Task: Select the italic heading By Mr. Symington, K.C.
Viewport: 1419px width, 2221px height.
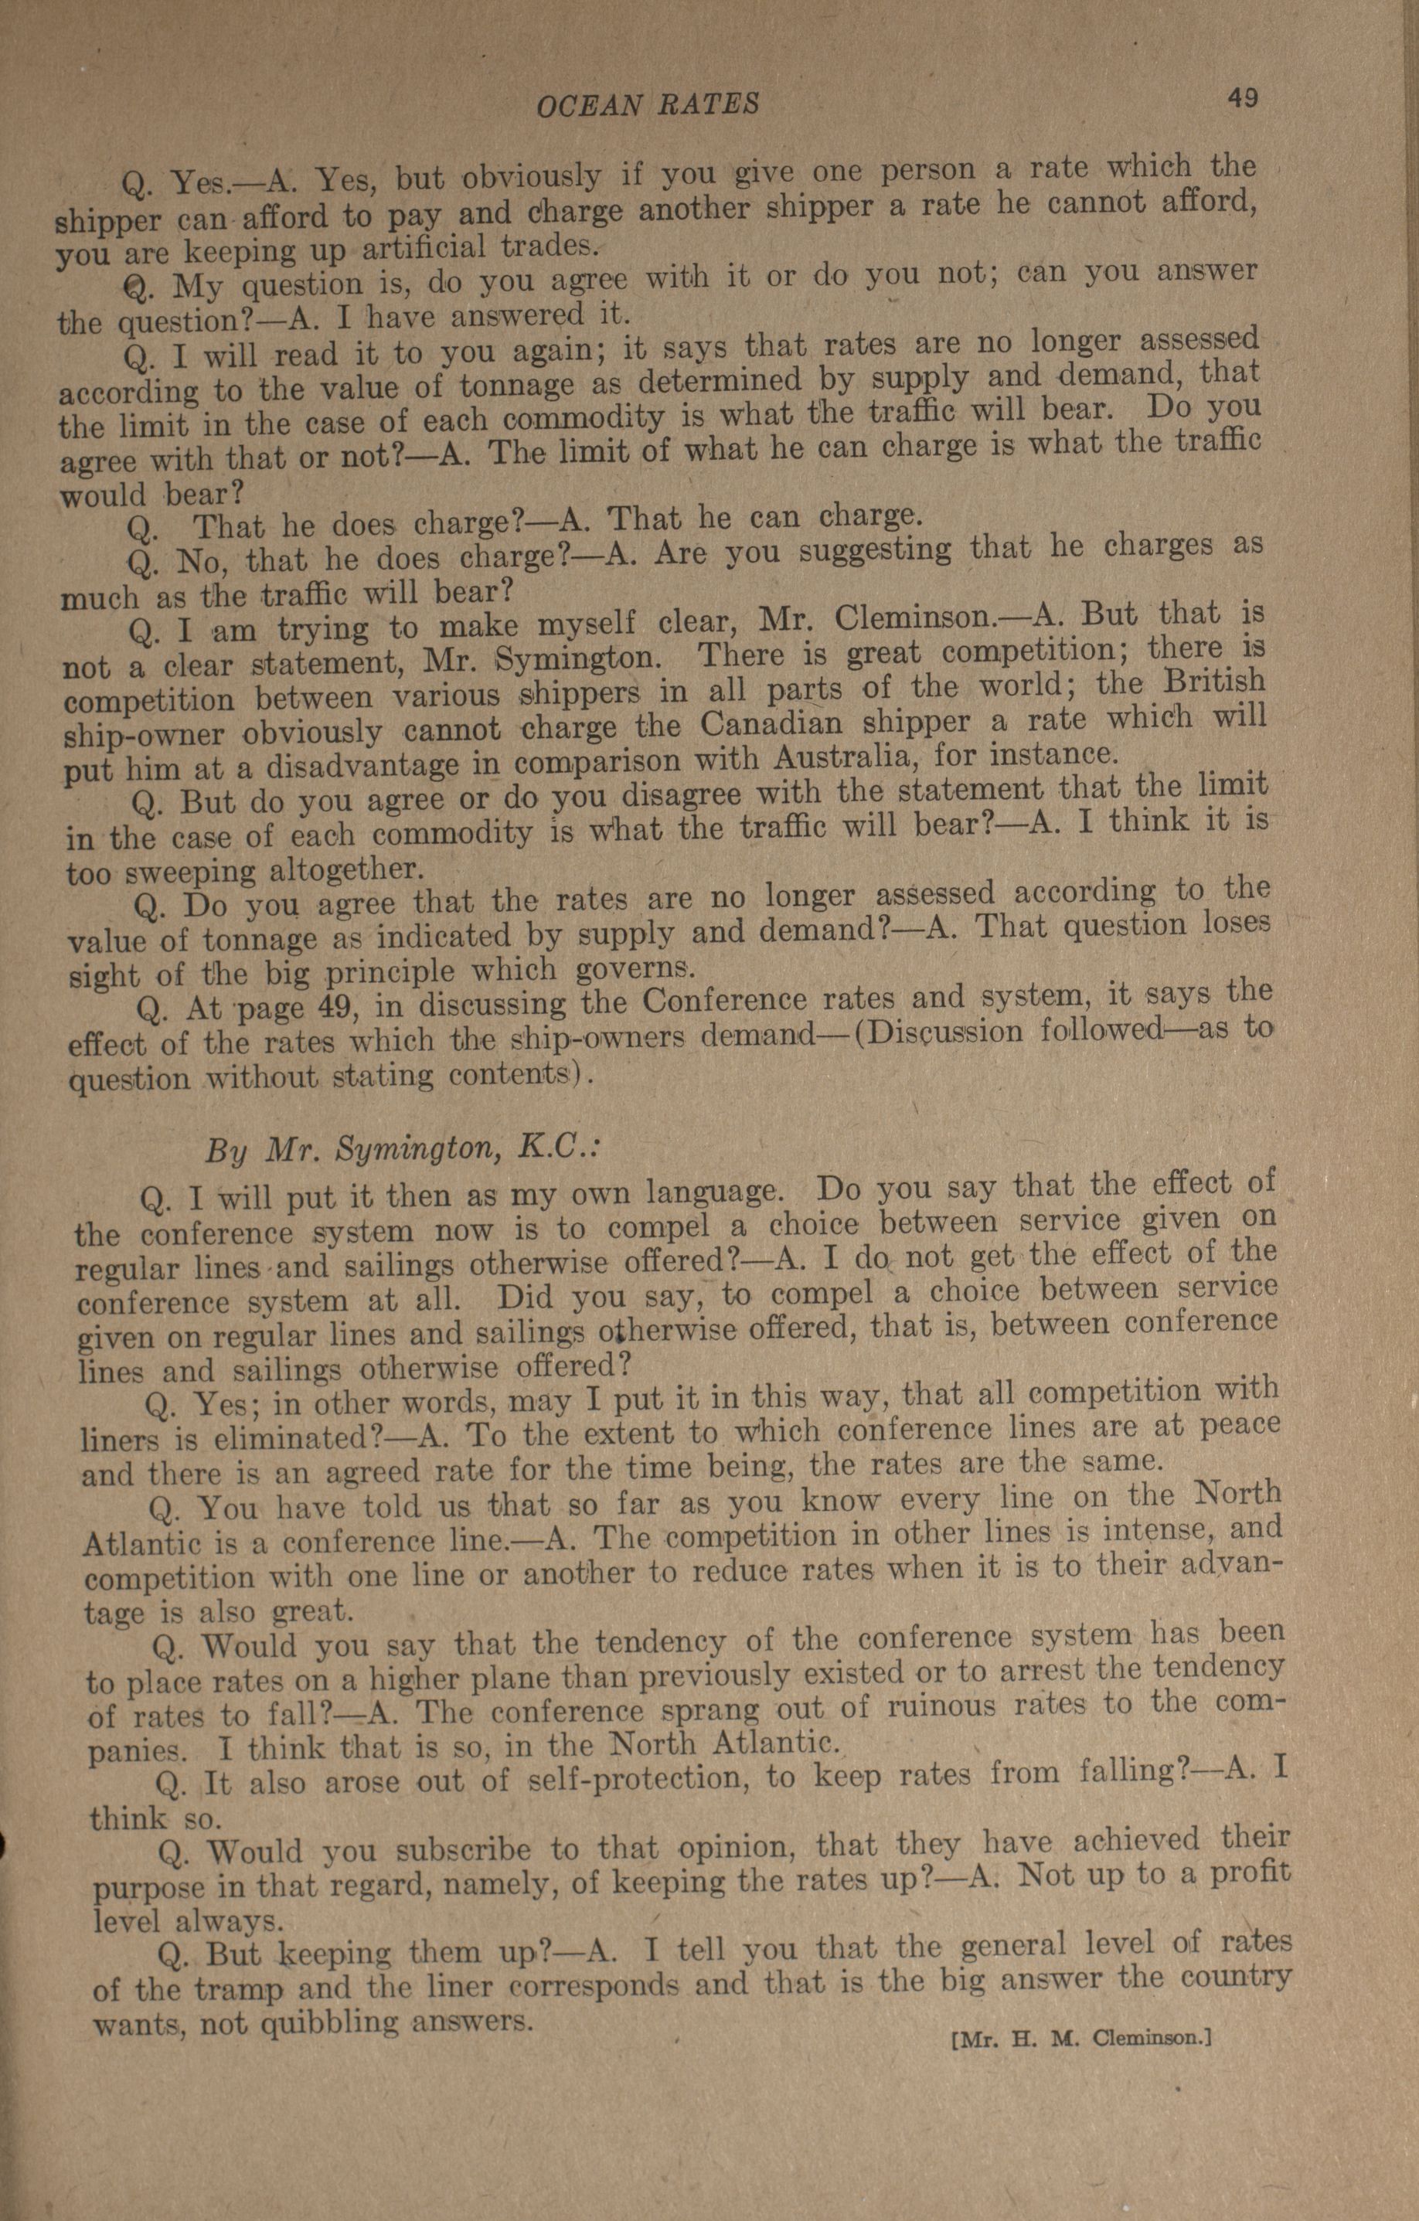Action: pyautogui.click(x=403, y=1149)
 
